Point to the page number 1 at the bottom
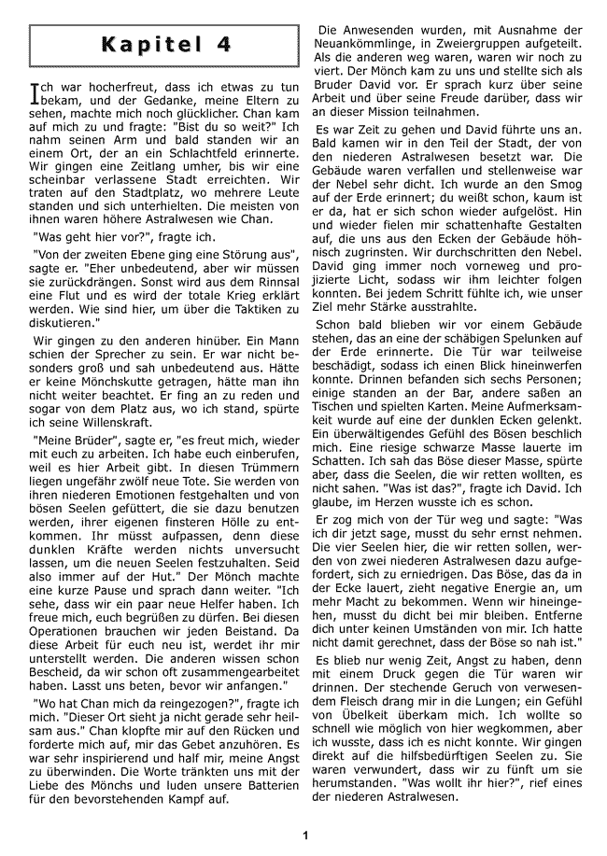point(304,835)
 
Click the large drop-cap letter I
point(35,92)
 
